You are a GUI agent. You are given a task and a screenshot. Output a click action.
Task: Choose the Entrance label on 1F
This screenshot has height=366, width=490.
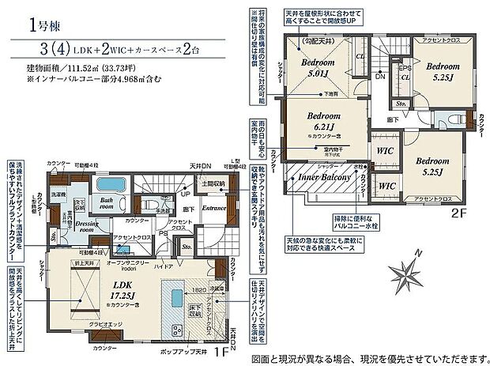213,208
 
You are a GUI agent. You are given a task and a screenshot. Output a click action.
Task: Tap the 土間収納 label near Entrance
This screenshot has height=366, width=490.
213,184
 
